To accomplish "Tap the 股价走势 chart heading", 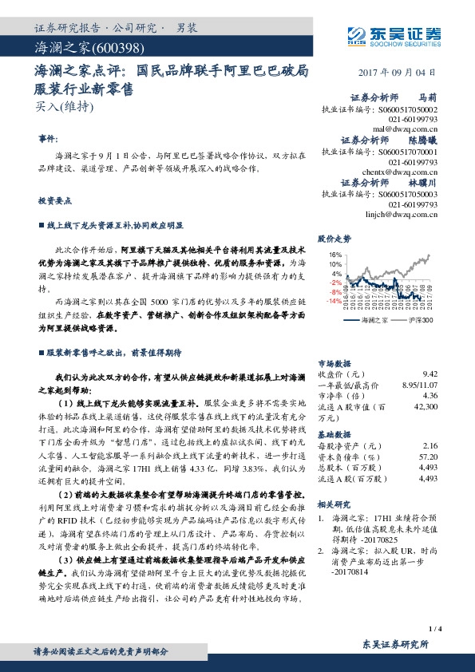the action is (x=334, y=239).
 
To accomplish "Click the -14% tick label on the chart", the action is (x=334, y=302).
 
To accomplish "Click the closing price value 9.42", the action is (x=429, y=374).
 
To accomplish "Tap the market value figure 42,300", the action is (x=425, y=407).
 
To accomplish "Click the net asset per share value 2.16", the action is (x=429, y=445).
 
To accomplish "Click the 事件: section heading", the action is (x=48, y=138).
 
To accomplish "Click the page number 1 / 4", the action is (x=433, y=630).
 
